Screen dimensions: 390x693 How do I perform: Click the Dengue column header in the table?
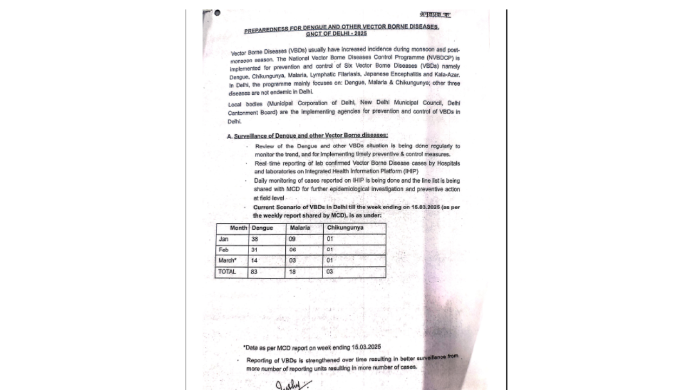pyautogui.click(x=263, y=228)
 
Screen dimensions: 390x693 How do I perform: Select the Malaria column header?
pyautogui.click(x=300, y=228)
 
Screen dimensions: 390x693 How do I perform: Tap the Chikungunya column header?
pyautogui.click(x=345, y=227)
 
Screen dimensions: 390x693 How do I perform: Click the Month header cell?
pyautogui.click(x=238, y=228)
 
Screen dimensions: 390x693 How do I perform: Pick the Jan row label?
pyautogui.click(x=224, y=239)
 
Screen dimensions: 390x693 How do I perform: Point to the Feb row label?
pyautogui.click(x=224, y=250)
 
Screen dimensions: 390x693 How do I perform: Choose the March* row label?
pyautogui.click(x=227, y=261)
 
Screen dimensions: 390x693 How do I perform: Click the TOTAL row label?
pyautogui.click(x=227, y=271)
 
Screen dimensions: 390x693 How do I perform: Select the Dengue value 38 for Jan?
pyautogui.click(x=254, y=239)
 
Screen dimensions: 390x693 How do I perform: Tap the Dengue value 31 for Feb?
pyautogui.click(x=254, y=250)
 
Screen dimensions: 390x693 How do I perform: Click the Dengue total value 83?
pyautogui.click(x=254, y=272)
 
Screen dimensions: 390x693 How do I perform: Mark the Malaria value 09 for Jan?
pyautogui.click(x=292, y=239)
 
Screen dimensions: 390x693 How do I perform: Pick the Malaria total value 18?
pyautogui.click(x=292, y=272)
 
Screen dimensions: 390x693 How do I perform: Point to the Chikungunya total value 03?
pyautogui.click(x=330, y=272)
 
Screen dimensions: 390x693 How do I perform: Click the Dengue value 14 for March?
pyautogui.click(x=254, y=261)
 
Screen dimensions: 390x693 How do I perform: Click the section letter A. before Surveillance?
pyautogui.click(x=230, y=136)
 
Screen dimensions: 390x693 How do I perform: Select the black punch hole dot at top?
pyautogui.click(x=217, y=13)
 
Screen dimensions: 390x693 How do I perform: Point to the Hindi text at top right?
pyautogui.click(x=435, y=14)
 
